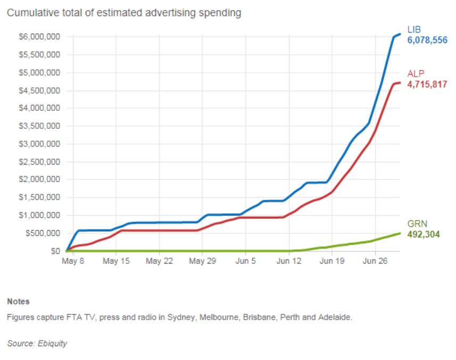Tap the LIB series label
pyautogui.click(x=415, y=29)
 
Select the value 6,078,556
pyautogui.click(x=427, y=40)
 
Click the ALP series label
pyautogui.click(x=416, y=74)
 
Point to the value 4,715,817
pyautogui.click(x=427, y=84)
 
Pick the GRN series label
pyautogui.click(x=417, y=224)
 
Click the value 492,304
pyautogui.click(x=424, y=234)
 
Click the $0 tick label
pyautogui.click(x=53, y=251)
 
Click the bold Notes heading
pyautogui.click(x=18, y=301)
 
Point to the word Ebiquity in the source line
pyautogui.click(x=53, y=343)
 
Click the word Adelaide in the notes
pyautogui.click(x=336, y=317)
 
